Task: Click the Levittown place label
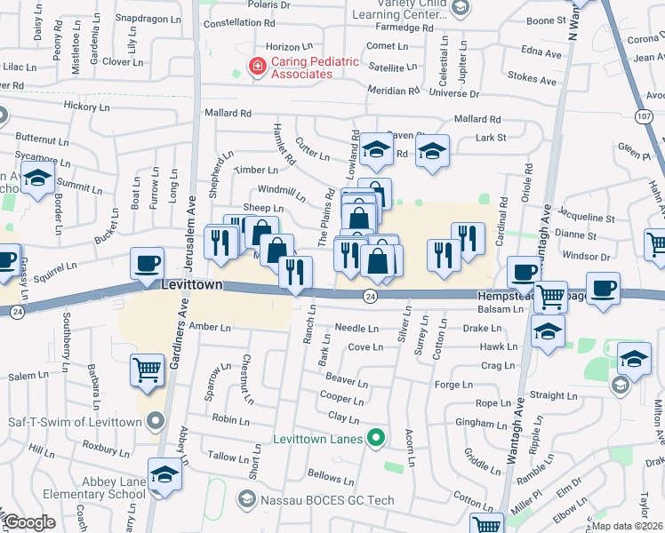click(190, 286)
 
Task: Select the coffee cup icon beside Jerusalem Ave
click(147, 263)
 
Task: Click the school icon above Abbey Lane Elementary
click(164, 474)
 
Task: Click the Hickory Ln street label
click(86, 106)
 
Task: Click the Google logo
click(30, 522)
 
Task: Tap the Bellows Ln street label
click(324, 476)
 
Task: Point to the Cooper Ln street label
click(341, 398)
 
